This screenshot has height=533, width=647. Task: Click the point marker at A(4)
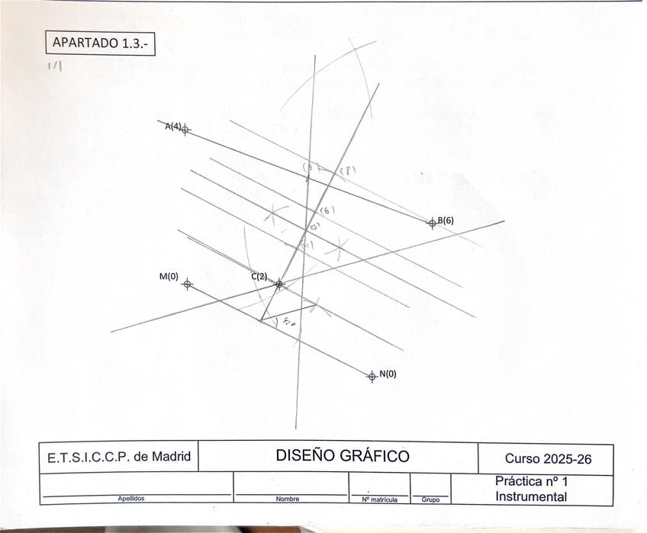coord(185,130)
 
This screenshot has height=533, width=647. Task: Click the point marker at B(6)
coord(432,223)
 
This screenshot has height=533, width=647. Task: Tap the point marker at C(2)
coord(279,284)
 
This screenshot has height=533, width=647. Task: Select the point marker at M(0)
coord(188,284)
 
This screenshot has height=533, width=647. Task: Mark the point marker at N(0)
coord(372,376)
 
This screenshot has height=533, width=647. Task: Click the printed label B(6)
coord(446,220)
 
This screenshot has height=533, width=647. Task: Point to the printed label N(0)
coord(388,374)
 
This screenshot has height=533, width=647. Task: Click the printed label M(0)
coord(169,277)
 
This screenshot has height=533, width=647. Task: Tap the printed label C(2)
coord(259,276)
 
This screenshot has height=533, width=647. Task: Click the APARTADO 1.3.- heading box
coord(100,43)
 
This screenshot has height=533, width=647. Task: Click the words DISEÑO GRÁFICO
coord(343,456)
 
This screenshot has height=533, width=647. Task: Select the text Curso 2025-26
coord(548,458)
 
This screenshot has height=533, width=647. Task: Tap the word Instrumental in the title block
coord(531,496)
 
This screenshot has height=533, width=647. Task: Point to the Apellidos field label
coord(130,499)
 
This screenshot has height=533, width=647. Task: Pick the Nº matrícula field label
coord(378,499)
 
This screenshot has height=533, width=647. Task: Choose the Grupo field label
coord(430,500)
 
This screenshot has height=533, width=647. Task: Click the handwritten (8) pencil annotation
coord(347,172)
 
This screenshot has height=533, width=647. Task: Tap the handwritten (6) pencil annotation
coord(327,210)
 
